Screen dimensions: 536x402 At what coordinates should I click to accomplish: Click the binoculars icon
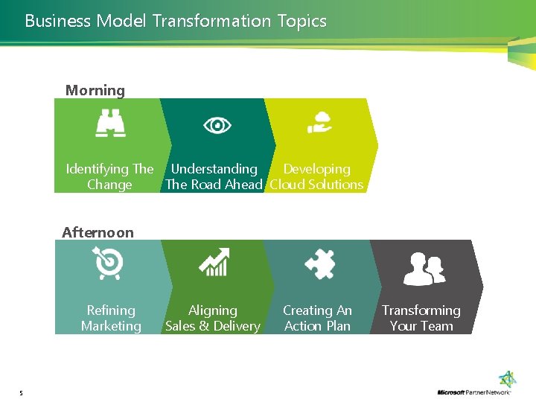click(x=111, y=124)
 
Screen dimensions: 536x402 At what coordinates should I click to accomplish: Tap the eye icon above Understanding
click(x=217, y=125)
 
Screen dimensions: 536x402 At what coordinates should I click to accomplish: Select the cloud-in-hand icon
click(x=320, y=123)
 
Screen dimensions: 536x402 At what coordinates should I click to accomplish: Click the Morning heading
click(x=95, y=91)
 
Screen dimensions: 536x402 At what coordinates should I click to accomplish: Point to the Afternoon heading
click(x=98, y=232)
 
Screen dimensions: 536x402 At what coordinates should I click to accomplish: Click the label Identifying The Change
click(x=109, y=177)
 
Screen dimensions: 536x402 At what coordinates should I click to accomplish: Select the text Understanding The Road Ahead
click(x=214, y=177)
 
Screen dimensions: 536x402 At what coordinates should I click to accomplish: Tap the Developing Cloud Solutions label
click(x=316, y=177)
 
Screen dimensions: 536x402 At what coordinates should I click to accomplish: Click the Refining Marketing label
click(x=111, y=318)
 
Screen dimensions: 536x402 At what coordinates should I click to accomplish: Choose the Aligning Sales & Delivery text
click(x=213, y=318)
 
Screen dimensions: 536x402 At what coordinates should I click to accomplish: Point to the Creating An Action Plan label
click(x=317, y=318)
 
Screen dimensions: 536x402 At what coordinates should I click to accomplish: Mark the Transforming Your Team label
click(x=421, y=318)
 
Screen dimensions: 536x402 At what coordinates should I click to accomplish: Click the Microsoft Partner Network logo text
click(x=473, y=392)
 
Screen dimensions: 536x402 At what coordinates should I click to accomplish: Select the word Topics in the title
click(x=302, y=21)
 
